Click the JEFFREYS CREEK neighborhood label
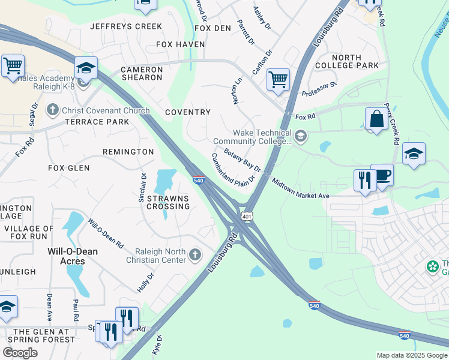[x=126, y=26]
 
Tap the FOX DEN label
[x=213, y=28]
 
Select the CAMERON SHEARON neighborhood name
[x=142, y=73]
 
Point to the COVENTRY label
[x=187, y=112]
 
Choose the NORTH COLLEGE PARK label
[x=355, y=61]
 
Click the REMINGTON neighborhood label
[x=128, y=152]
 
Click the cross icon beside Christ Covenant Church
[x=53, y=110]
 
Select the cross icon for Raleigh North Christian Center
[x=194, y=256]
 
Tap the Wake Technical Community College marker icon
[x=301, y=138]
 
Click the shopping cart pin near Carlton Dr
[x=278, y=79]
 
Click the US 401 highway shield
[x=246, y=215]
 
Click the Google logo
[x=20, y=353]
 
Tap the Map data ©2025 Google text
[x=411, y=355]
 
